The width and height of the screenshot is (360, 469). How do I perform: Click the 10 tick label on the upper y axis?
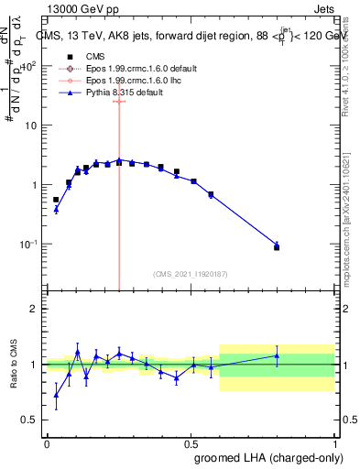pyautogui.click(x=31, y=125)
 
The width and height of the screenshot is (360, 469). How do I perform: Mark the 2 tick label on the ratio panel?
pyautogui.click(x=34, y=309)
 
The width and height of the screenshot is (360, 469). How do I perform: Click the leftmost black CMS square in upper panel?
pyautogui.click(x=56, y=200)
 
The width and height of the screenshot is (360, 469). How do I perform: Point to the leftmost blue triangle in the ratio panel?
pyautogui.click(x=56, y=396)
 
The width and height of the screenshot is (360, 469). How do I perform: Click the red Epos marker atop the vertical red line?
pyautogui.click(x=118, y=101)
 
